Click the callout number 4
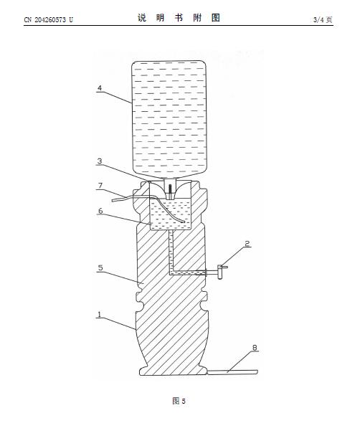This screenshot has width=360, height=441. [100, 88]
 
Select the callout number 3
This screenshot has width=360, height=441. [100, 161]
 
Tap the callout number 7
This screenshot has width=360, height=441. [100, 186]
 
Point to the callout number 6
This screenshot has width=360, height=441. [100, 211]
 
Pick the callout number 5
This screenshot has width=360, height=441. [100, 267]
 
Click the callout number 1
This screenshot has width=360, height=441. [99, 315]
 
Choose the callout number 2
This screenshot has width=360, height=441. [247, 244]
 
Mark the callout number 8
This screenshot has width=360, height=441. [255, 348]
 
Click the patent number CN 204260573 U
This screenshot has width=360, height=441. [48, 19]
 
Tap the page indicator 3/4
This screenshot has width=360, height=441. [319, 19]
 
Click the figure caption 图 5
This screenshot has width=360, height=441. [179, 401]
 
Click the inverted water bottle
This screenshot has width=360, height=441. [169, 120]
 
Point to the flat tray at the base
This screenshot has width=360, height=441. [232, 372]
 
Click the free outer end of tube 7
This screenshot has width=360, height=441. [113, 201]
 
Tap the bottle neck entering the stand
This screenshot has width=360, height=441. [169, 186]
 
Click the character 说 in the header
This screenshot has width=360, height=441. [142, 18]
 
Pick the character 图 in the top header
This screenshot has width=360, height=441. [216, 18]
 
